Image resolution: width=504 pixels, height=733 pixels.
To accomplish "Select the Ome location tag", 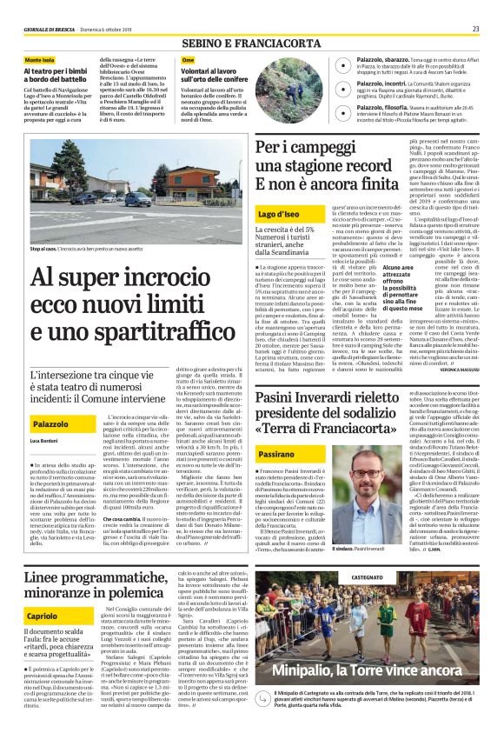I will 188,60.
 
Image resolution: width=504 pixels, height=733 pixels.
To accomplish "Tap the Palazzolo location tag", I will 51,423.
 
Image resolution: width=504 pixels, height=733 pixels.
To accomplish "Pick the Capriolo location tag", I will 43,616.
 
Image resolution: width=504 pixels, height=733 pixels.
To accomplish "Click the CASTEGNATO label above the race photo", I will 367,576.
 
